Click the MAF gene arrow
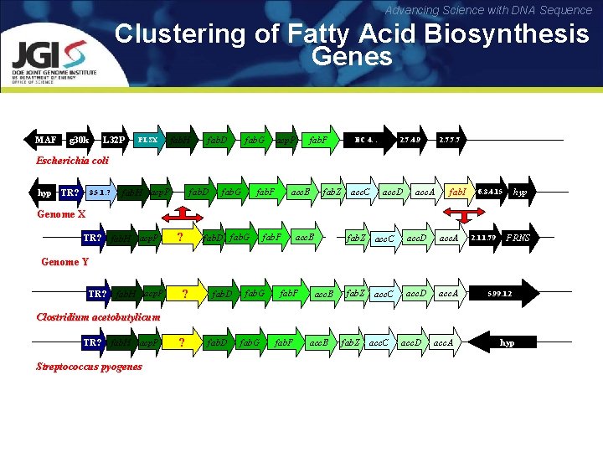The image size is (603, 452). tap(46, 139)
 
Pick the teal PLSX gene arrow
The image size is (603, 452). tap(148, 139)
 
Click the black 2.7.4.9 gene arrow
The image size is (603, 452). tap(410, 139)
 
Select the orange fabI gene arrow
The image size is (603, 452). tap(457, 193)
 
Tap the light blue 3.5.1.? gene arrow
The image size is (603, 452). tap(99, 193)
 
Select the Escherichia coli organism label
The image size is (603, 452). tap(71, 161)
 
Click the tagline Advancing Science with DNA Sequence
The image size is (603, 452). tap(488, 10)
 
